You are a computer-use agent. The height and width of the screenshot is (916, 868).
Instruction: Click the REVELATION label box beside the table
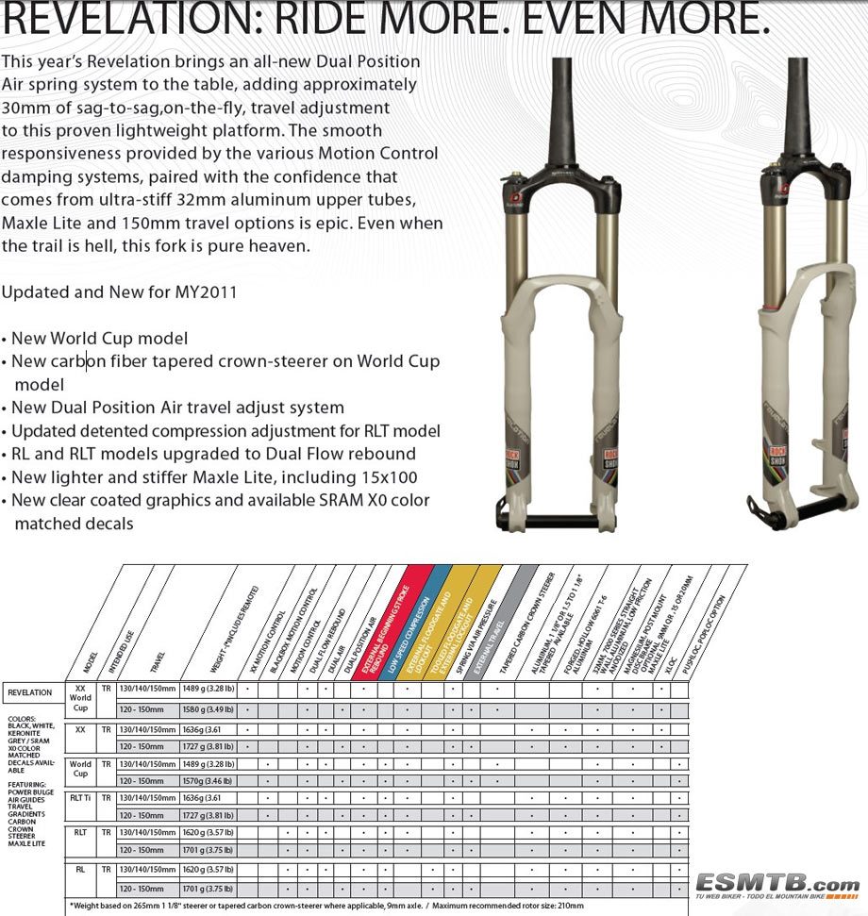point(30,692)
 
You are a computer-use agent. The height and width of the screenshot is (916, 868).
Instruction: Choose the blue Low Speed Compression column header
point(408,623)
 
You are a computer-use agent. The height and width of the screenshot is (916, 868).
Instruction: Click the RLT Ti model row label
point(81,798)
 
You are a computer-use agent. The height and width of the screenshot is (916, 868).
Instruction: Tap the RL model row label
point(81,869)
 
